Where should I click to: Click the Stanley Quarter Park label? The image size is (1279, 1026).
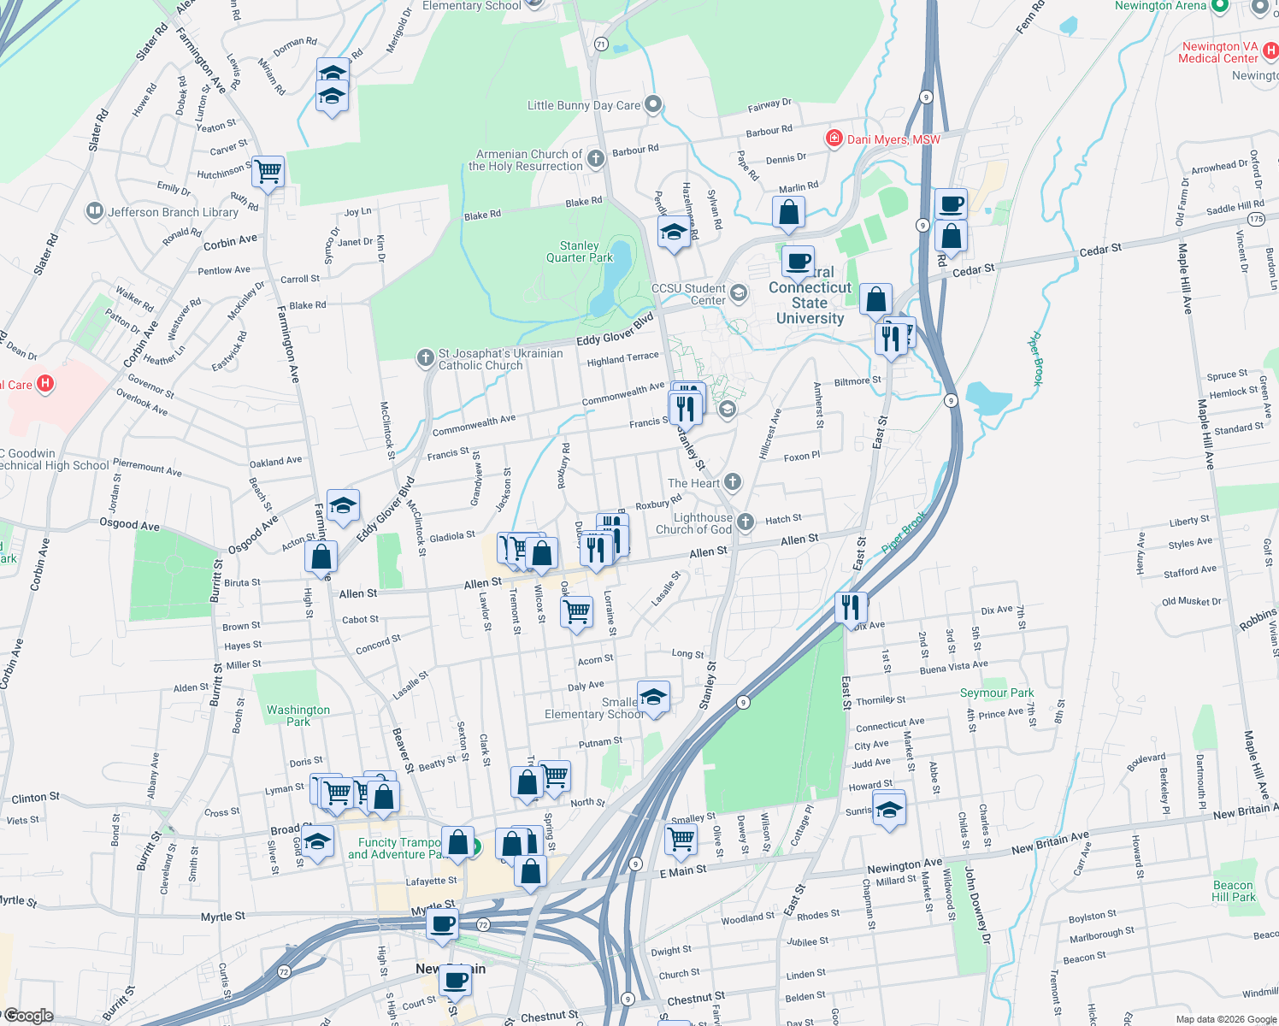[x=580, y=251]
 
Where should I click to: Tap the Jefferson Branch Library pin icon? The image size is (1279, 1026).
[x=95, y=211]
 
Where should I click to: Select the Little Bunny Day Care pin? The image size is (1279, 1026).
[x=653, y=105]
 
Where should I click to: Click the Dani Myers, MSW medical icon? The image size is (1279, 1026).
[x=834, y=139]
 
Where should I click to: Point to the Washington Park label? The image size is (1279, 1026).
[x=298, y=716]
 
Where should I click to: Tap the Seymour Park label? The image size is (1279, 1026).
[x=997, y=693]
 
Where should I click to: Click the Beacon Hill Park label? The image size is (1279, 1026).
[x=1233, y=891]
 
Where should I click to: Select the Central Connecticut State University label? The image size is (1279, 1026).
[x=810, y=303]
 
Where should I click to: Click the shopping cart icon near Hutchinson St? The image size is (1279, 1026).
[x=268, y=171]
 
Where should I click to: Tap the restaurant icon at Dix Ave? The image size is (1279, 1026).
[x=851, y=607]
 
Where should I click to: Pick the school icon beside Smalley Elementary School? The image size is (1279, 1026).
[x=653, y=697]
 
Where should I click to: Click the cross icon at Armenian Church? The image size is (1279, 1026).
[x=596, y=158]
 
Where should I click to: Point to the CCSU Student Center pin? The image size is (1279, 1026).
[x=739, y=294]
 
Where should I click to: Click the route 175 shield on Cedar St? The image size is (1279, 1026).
[x=1255, y=220]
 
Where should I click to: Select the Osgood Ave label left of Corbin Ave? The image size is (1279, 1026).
[x=129, y=523]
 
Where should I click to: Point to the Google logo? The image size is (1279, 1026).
[x=29, y=1016]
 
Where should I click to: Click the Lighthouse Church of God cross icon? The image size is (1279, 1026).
[x=746, y=522]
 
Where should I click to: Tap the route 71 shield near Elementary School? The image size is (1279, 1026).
[x=601, y=44]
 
